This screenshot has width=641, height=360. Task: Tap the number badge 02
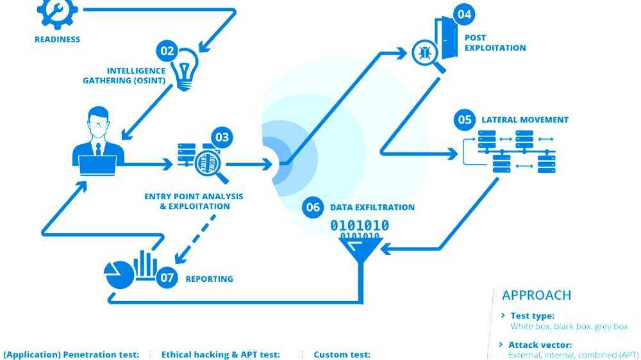[167, 50]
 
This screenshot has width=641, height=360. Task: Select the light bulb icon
[186, 69]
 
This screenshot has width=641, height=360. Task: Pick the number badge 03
[222, 137]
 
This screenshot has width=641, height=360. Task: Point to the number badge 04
[464, 14]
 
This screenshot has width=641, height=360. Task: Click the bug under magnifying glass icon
[424, 53]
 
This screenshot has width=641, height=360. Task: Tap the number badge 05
[465, 120]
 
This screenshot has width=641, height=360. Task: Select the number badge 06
[313, 207]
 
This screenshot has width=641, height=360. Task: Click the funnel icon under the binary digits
[361, 253]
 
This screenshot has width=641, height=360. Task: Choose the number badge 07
[167, 278]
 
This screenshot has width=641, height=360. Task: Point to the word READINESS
[58, 39]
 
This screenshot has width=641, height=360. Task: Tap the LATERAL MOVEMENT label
[525, 120]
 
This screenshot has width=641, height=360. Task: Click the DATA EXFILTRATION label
[372, 208]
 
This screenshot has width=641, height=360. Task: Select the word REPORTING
[209, 279]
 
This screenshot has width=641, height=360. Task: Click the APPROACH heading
[537, 295]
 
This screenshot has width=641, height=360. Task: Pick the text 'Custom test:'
[342, 354]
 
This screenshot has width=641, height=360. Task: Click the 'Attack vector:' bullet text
[540, 345]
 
